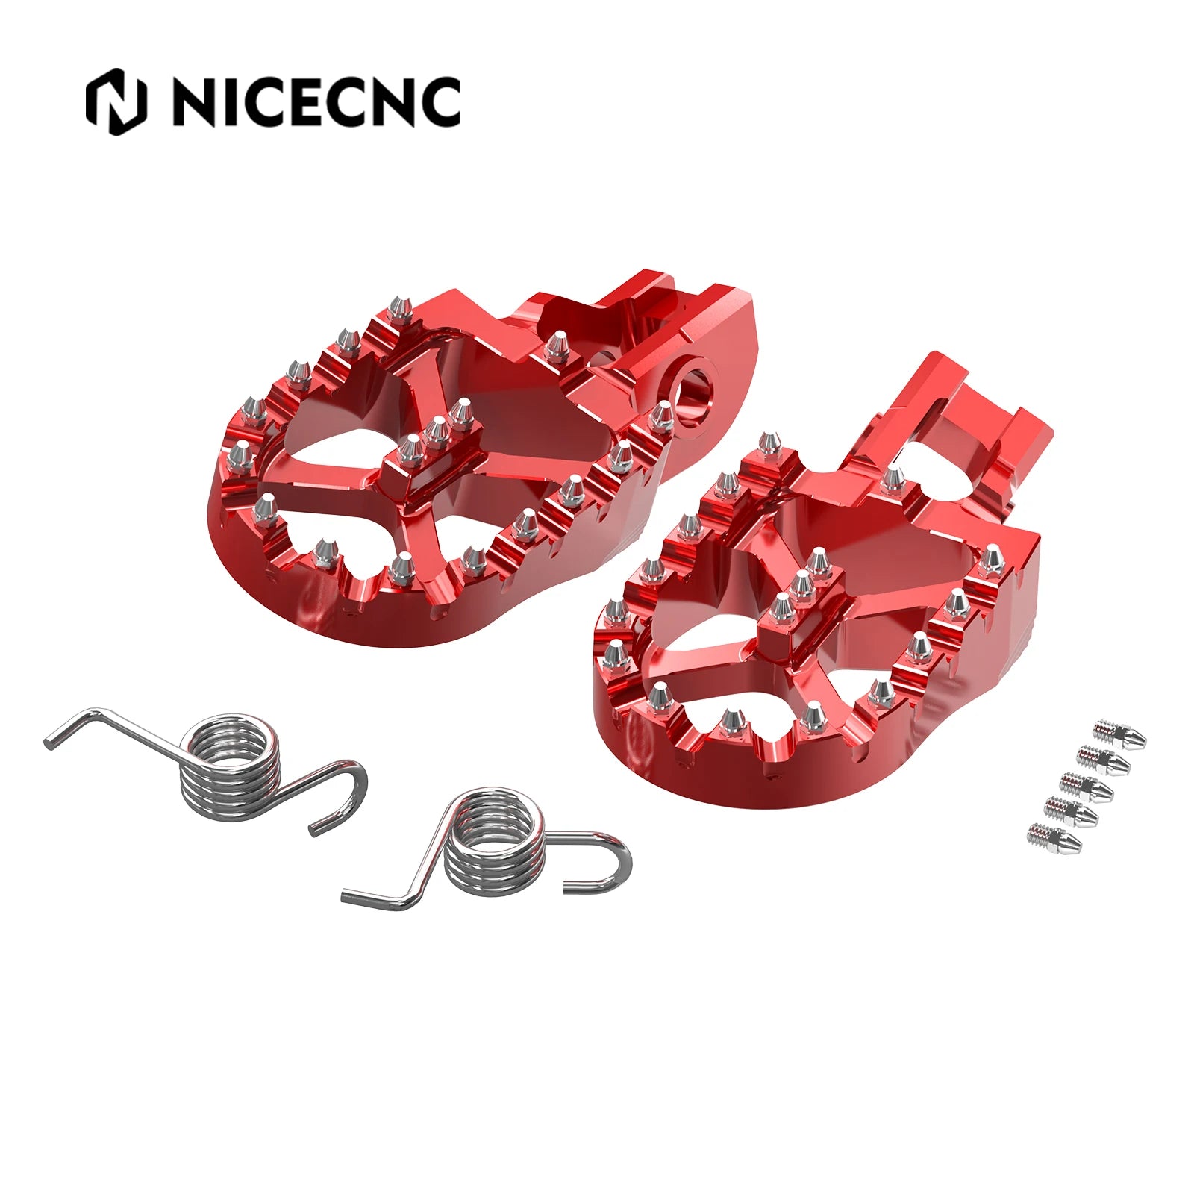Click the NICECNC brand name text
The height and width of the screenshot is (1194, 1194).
tap(316, 101)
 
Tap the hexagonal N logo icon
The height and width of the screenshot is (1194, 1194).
tap(116, 101)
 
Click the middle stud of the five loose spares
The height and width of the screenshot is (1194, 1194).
tap(1087, 784)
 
